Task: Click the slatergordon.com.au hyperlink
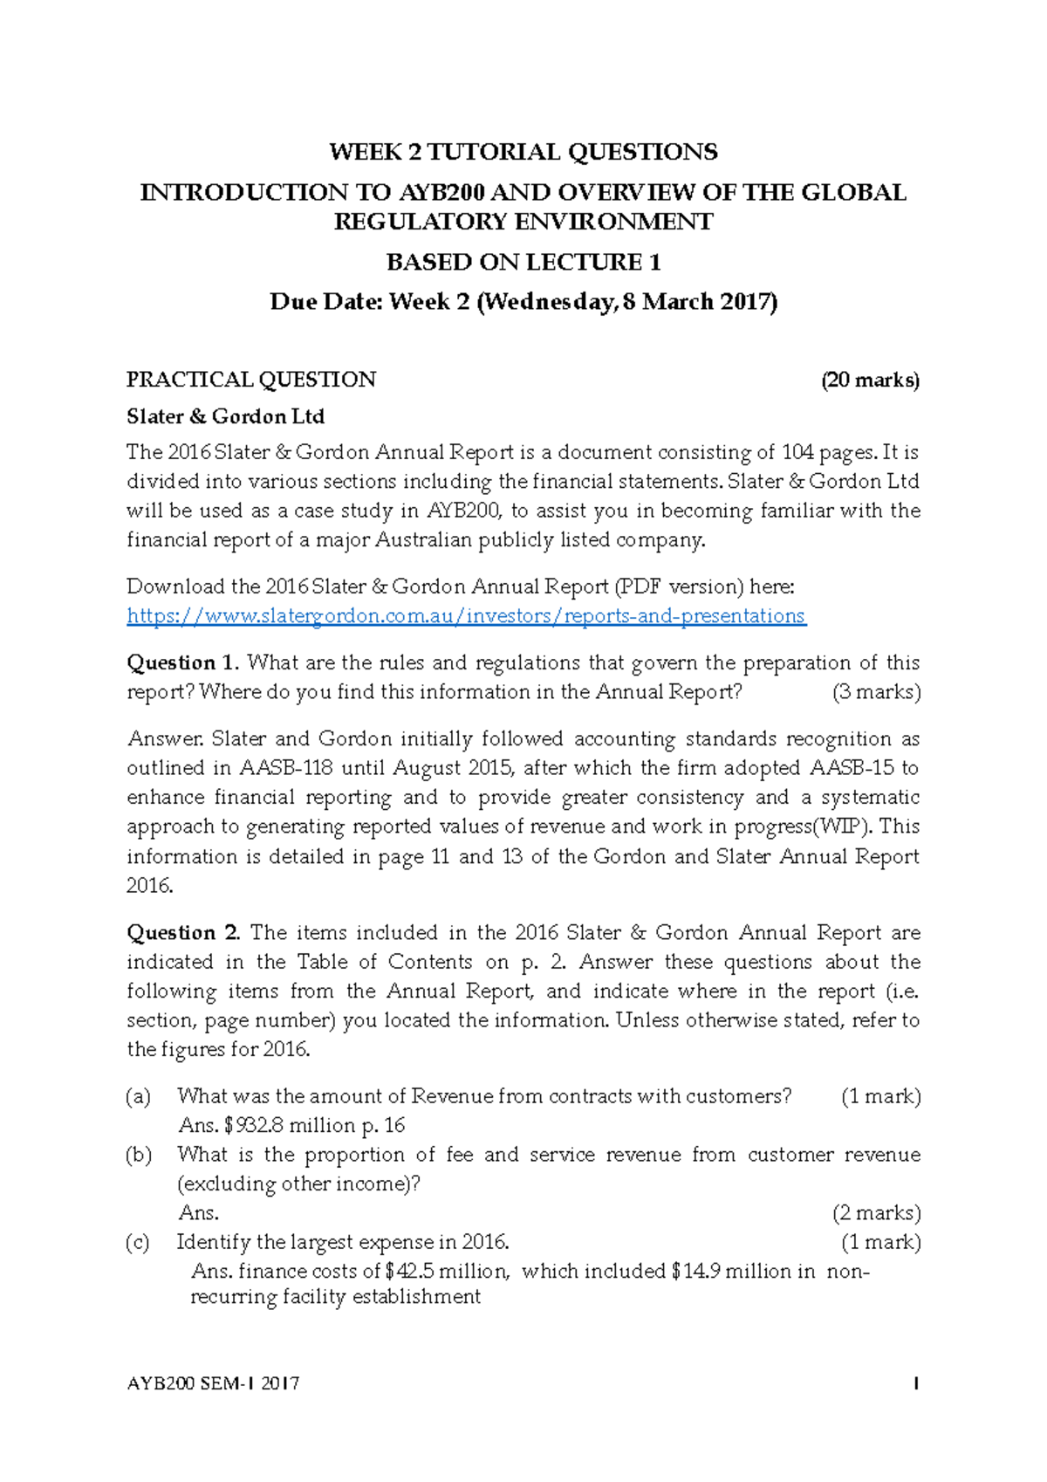tap(466, 616)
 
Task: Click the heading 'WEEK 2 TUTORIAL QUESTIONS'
tap(523, 152)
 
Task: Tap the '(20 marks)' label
tap(870, 380)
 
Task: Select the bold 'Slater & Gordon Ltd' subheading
tap(225, 416)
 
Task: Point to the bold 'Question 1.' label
tap(183, 662)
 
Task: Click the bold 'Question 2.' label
tap(183, 932)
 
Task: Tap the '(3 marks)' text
tap(876, 692)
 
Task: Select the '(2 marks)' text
tap(876, 1212)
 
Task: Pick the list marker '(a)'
tap(138, 1096)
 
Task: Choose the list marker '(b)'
tap(138, 1155)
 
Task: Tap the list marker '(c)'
tap(138, 1242)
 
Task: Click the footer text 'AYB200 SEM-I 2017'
tap(213, 1383)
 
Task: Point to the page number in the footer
tap(915, 1383)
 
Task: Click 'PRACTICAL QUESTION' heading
tap(251, 380)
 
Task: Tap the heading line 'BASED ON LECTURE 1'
tap(523, 262)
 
